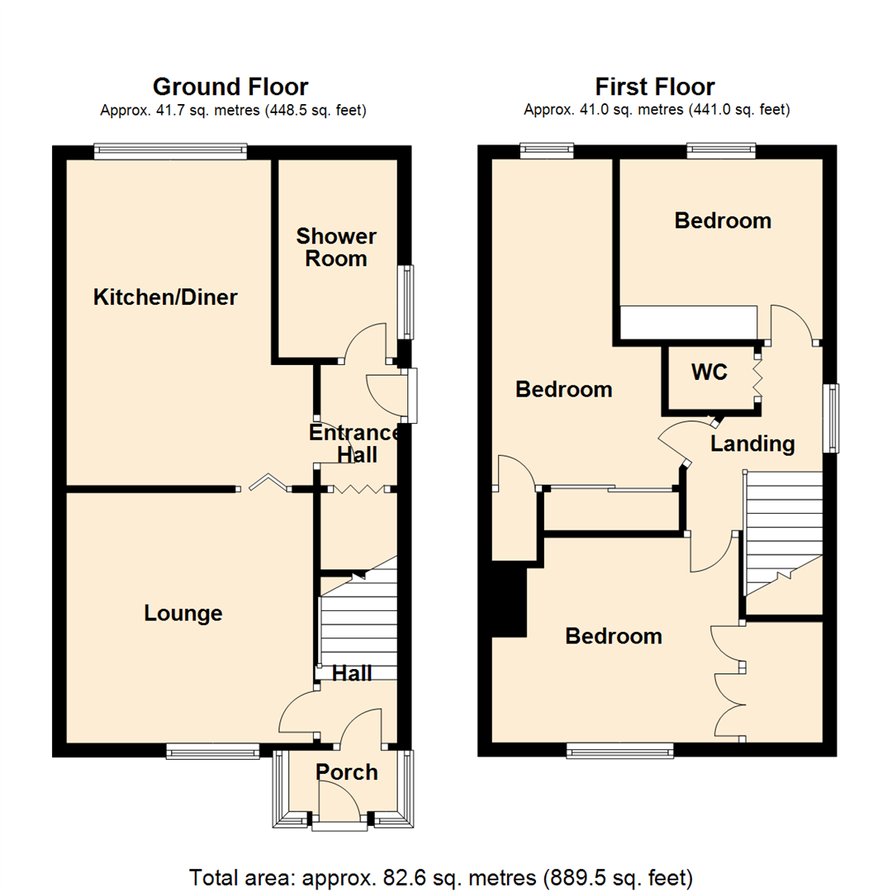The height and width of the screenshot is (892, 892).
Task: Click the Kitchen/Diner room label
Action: pos(165,297)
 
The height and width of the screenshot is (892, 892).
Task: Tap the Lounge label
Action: pos(183,614)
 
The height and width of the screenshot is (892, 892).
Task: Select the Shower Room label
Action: pos(336,248)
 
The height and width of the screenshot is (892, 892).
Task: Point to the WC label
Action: pos(709,372)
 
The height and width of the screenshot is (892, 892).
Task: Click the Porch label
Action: pos(347,772)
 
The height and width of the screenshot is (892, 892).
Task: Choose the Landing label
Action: pos(752,444)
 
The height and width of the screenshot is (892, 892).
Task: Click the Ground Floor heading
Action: pos(230,87)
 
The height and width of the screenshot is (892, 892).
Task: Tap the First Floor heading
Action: pos(655,87)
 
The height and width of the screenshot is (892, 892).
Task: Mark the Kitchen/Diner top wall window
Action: pos(169,150)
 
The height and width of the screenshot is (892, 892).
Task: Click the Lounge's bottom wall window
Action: pos(213,751)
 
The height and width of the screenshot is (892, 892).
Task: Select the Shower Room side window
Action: pos(406,302)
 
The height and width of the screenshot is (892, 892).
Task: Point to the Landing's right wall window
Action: pos(833,418)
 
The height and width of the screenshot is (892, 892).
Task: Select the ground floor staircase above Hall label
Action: pos(357,624)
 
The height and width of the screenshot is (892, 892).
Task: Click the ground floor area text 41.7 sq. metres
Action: pos(233,110)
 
